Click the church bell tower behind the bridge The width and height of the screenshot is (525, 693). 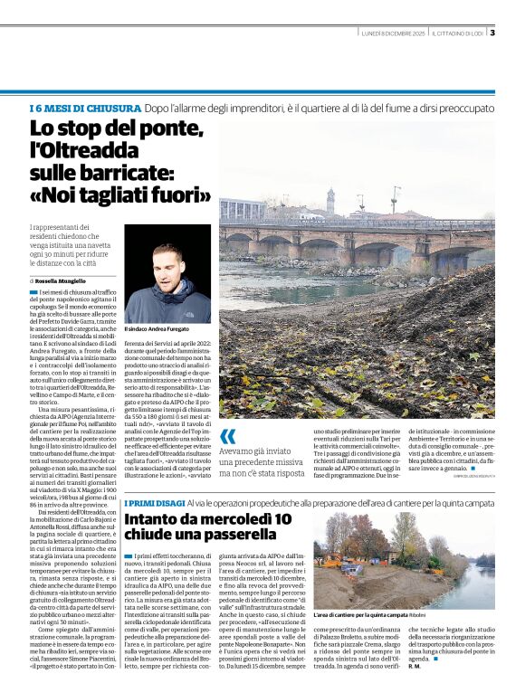click(330, 200)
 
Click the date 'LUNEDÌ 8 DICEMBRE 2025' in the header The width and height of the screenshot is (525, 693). click(393, 33)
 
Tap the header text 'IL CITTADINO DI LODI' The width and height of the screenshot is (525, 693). click(458, 33)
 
